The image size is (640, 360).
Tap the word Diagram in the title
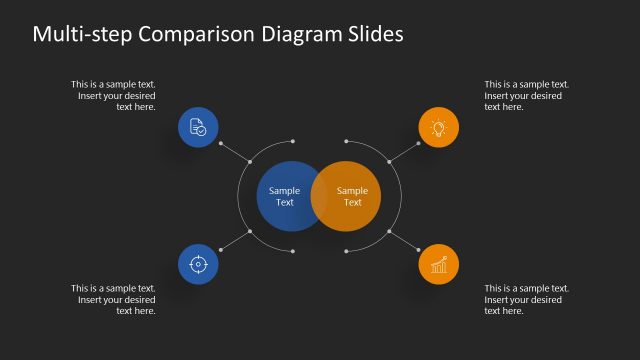pyautogui.click(x=296, y=34)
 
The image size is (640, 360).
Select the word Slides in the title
pyautogui.click(x=371, y=34)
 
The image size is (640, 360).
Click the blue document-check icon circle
pyautogui.click(x=198, y=127)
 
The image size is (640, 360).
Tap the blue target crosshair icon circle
pyautogui.click(x=198, y=265)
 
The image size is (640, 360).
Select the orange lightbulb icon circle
pyautogui.click(x=438, y=127)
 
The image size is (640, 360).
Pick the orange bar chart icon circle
pyautogui.click(x=438, y=265)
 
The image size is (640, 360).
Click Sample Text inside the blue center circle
pyautogui.click(x=285, y=196)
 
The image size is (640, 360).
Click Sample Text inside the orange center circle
pyautogui.click(x=352, y=196)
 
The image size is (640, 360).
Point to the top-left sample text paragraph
pyautogui.click(x=114, y=95)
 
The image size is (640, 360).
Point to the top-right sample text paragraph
pyautogui.click(x=526, y=95)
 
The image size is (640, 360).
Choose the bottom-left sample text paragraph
pyautogui.click(x=114, y=299)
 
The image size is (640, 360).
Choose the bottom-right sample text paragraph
pyautogui.click(x=526, y=299)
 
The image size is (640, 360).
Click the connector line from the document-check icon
pyautogui.click(x=233, y=150)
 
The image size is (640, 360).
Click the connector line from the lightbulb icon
pyautogui.click(x=404, y=150)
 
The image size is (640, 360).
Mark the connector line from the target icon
pyautogui.click(x=233, y=242)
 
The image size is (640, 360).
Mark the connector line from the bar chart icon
pyautogui.click(x=404, y=242)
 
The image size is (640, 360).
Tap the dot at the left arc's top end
pyautogui.click(x=292, y=141)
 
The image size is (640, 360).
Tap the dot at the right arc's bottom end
pyautogui.click(x=346, y=251)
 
